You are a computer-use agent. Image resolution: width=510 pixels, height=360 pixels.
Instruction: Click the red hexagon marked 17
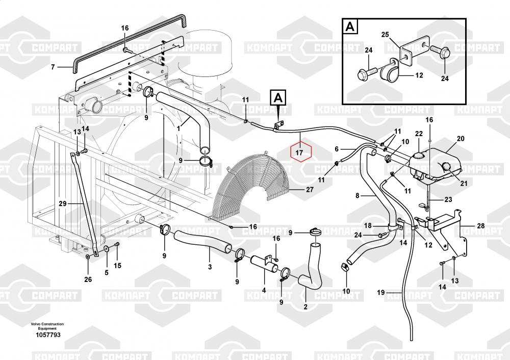click(x=300, y=152)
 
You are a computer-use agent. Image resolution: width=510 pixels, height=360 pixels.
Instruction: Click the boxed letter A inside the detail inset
click(x=350, y=27)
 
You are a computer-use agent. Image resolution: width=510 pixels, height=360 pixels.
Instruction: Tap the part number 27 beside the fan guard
click(x=310, y=190)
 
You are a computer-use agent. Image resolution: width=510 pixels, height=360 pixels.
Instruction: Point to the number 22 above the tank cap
click(x=419, y=134)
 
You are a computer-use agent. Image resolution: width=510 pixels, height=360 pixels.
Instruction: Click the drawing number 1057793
click(x=48, y=335)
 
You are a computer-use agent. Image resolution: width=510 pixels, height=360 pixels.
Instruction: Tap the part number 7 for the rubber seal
click(x=53, y=67)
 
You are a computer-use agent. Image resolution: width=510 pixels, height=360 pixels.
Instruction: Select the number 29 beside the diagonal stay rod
click(x=63, y=203)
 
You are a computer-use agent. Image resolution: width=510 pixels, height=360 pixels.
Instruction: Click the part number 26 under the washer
click(x=88, y=279)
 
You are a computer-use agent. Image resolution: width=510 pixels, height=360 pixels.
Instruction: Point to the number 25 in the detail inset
click(x=386, y=35)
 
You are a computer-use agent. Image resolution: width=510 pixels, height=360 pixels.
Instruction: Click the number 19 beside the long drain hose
click(x=380, y=292)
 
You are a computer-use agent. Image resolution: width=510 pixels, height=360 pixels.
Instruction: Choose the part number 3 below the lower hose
click(x=210, y=266)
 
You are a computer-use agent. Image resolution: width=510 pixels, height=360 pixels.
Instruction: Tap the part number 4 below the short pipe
click(x=264, y=291)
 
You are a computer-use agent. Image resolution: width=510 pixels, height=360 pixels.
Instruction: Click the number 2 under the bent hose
click(x=305, y=306)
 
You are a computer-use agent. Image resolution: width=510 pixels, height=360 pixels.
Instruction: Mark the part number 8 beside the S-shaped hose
click(x=358, y=195)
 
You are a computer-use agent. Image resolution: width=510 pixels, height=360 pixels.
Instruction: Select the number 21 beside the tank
click(x=464, y=184)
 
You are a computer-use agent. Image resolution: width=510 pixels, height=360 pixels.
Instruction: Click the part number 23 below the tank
click(x=448, y=199)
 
